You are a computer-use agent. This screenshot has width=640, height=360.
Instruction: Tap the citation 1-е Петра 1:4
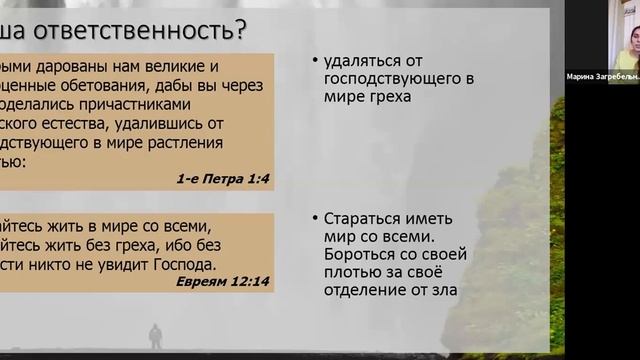tap(224, 179)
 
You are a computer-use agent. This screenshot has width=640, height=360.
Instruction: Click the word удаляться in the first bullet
tap(361, 59)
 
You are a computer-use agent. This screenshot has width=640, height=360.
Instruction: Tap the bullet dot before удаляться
tap(315, 59)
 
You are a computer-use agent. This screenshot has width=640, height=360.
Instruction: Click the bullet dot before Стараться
tap(315, 218)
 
